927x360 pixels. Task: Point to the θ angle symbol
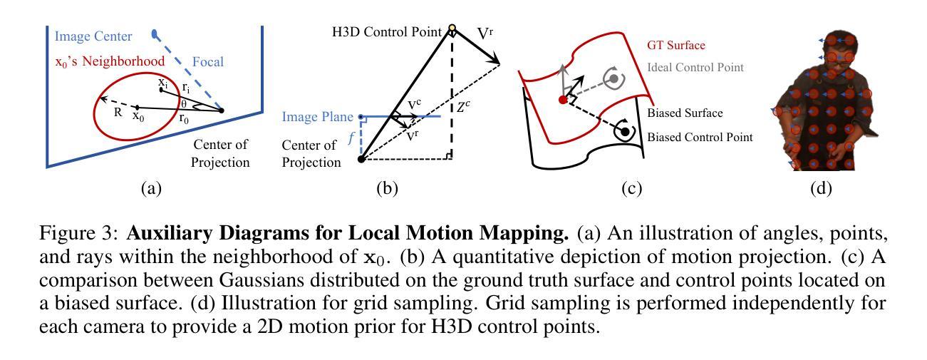185,103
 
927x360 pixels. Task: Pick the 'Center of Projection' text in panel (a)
222,153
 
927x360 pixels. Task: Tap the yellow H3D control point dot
452,30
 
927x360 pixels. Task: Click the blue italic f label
350,138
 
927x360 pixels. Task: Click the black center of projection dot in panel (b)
361,159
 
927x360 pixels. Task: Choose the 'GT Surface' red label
675,46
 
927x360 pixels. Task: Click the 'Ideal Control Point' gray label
695,67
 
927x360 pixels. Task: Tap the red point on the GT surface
563,100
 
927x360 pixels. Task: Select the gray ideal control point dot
613,79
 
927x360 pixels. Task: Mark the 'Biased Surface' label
685,113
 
